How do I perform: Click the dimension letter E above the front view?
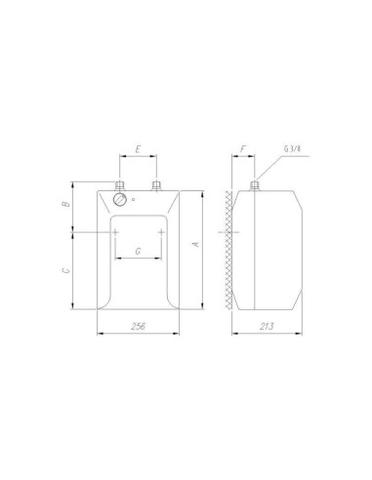point(138,150)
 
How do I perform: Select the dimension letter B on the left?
point(62,206)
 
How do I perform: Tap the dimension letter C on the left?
point(62,271)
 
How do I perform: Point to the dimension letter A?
point(195,244)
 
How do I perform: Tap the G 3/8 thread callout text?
point(291,149)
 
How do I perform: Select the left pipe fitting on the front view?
point(119,183)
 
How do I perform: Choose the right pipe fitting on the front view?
point(156,183)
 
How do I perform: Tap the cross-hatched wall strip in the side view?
point(229,249)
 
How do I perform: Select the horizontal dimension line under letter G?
point(138,260)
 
